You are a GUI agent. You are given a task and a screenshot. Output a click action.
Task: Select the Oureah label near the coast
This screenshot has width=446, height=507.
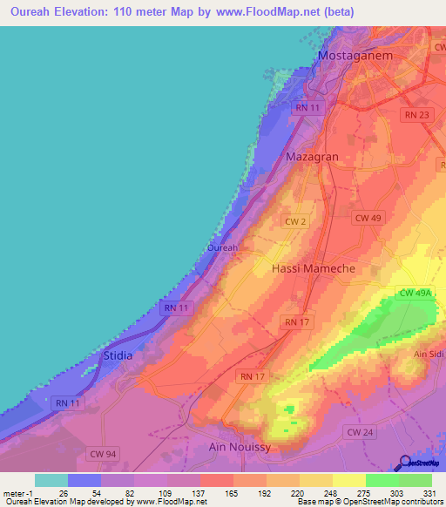tap(222, 247)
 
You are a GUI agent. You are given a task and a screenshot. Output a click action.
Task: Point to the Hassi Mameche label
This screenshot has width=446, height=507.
tap(314, 269)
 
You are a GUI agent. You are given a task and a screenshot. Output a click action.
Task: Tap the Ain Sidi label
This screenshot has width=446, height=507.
tap(429, 353)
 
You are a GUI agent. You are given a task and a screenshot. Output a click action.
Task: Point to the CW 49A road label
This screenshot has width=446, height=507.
tap(415, 294)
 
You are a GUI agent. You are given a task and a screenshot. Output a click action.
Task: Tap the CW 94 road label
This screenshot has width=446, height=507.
tap(103, 453)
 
